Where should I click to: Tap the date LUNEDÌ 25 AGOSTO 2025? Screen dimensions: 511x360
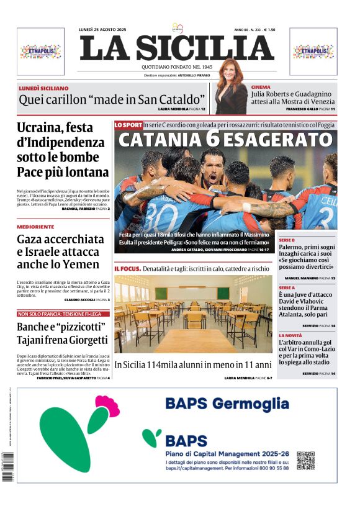click(x=102, y=29)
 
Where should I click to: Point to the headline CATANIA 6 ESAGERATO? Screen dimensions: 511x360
click(x=225, y=140)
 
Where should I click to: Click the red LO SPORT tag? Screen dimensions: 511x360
click(x=128, y=125)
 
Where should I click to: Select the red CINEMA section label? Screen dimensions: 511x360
click(x=261, y=88)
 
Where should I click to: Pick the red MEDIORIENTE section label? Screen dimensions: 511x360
click(x=35, y=227)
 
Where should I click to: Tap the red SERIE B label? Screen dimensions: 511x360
click(x=287, y=240)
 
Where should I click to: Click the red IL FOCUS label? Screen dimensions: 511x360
click(x=127, y=268)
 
